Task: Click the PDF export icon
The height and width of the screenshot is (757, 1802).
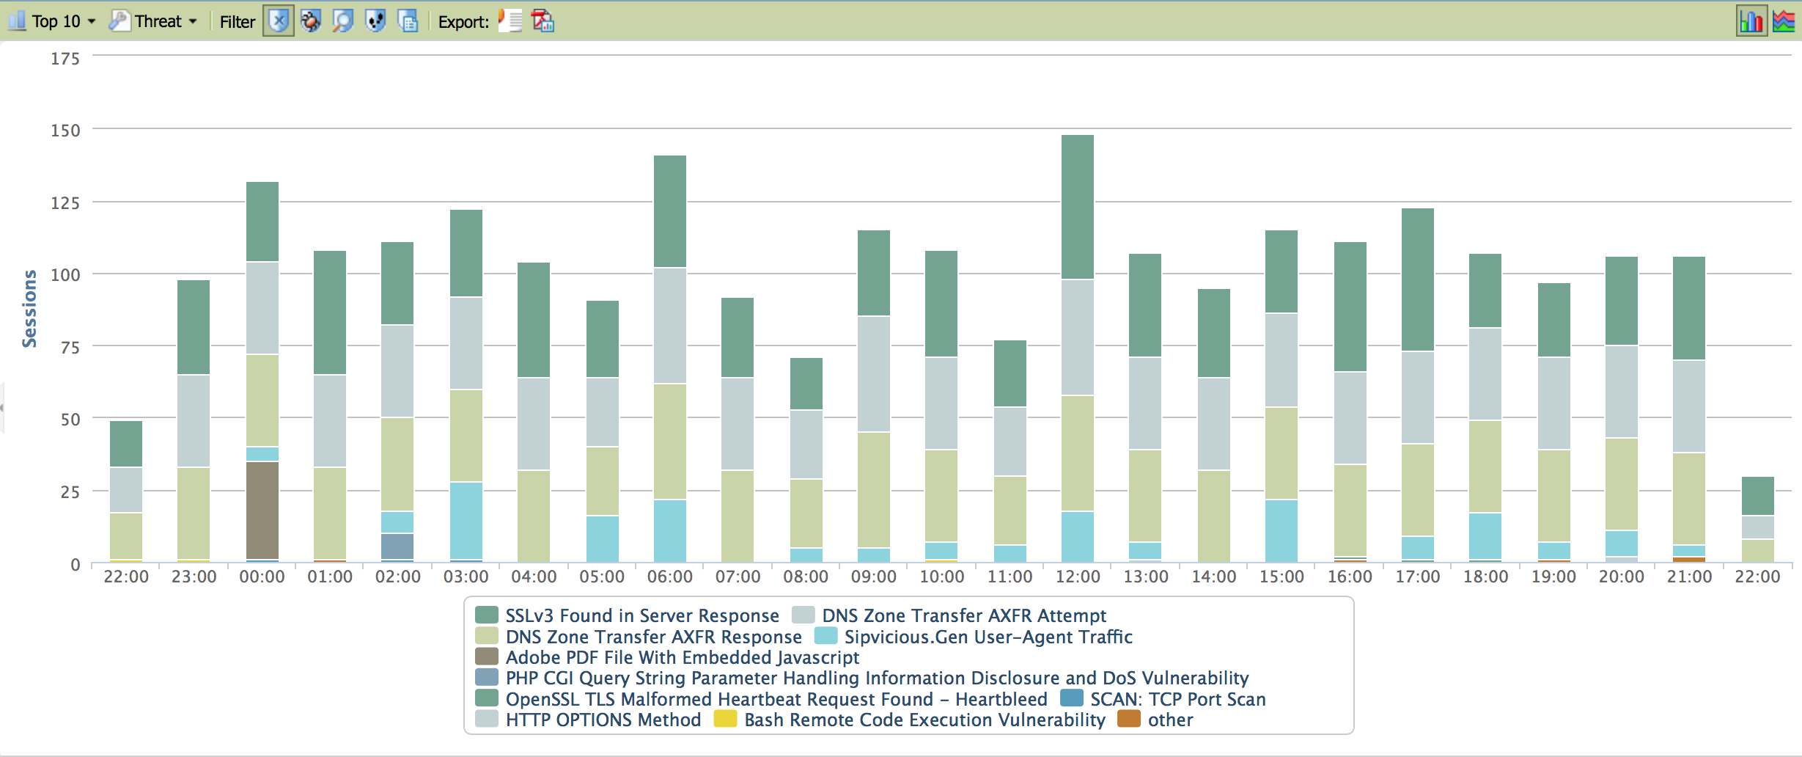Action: [x=543, y=21]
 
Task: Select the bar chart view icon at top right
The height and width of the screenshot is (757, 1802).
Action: [x=1751, y=21]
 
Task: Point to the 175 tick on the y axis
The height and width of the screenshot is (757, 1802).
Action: [x=65, y=59]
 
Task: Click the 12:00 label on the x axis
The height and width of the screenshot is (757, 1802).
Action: [x=1078, y=577]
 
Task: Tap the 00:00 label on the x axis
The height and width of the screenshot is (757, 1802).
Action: [x=262, y=577]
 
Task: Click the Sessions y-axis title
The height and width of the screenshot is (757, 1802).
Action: [x=29, y=308]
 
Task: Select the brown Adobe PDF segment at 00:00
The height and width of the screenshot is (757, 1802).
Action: [x=262, y=511]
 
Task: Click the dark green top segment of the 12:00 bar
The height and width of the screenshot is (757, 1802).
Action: [x=1078, y=207]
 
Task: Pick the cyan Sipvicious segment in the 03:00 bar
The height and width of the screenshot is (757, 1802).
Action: [x=466, y=521]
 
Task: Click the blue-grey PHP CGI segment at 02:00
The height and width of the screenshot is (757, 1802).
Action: [x=397, y=546]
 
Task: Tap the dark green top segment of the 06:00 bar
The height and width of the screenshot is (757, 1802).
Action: [x=670, y=211]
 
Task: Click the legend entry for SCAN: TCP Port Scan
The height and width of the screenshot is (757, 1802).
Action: [x=1177, y=699]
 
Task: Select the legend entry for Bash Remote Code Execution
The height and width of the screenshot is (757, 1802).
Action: [x=924, y=720]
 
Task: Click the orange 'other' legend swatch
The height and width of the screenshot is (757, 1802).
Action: [x=1129, y=719]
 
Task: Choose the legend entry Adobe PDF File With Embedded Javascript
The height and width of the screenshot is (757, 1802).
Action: [x=682, y=657]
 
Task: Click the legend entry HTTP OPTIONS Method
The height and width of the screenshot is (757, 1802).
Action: [x=603, y=720]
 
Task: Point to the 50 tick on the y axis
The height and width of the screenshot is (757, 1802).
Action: [x=70, y=420]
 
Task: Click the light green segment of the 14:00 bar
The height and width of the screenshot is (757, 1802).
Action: [x=1214, y=516]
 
